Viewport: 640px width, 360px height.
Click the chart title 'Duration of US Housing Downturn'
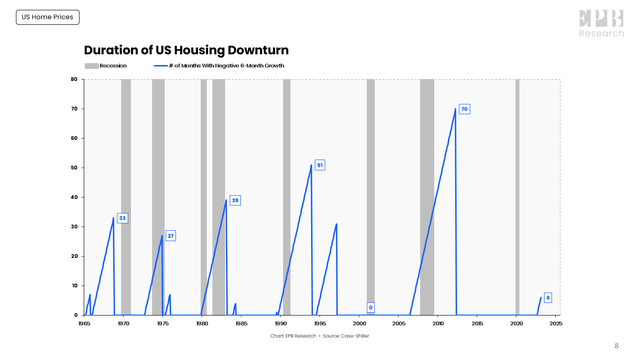186,50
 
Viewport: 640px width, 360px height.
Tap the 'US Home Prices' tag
47,17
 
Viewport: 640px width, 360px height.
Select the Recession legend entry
106,66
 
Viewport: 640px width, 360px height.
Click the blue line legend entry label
224,66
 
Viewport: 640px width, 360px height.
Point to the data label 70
464,108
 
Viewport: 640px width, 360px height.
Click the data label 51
319,165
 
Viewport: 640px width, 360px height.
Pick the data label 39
235,200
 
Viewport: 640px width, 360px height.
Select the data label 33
122,218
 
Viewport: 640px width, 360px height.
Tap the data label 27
171,236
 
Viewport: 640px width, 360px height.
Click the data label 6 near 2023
548,297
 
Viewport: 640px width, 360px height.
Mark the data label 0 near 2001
370,307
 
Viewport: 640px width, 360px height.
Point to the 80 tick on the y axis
74,80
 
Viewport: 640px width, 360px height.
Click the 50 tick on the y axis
74,168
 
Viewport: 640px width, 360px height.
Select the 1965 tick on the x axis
84,323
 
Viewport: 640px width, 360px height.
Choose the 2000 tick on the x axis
359,323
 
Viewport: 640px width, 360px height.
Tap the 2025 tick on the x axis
555,323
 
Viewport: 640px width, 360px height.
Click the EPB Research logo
601,23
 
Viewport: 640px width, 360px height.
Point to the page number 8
616,345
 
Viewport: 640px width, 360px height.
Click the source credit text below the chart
320,336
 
